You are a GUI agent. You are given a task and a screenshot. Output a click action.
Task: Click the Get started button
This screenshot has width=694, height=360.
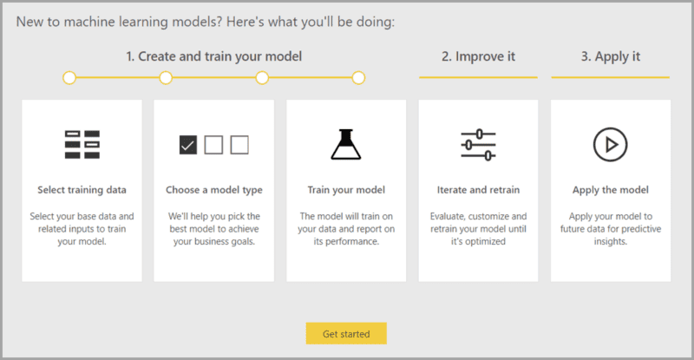pyautogui.click(x=345, y=333)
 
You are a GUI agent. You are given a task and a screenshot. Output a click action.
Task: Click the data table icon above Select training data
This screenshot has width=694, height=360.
pyautogui.click(x=82, y=144)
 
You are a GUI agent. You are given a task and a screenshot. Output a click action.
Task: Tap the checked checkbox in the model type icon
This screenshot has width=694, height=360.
pyautogui.click(x=188, y=144)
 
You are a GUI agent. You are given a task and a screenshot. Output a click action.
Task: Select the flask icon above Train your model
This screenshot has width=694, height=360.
pyautogui.click(x=345, y=144)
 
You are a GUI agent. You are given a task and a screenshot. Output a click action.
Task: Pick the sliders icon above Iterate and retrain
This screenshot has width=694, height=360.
pyautogui.click(x=478, y=144)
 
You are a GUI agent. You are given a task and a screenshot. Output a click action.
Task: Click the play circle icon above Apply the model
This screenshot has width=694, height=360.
pyautogui.click(x=610, y=144)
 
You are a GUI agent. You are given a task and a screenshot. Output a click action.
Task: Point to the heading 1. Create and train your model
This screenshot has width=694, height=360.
pyautogui.click(x=213, y=57)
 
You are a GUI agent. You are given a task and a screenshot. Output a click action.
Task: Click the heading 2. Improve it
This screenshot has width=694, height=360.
pyautogui.click(x=478, y=57)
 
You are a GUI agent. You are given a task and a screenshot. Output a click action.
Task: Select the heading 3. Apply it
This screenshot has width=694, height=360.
pyautogui.click(x=610, y=57)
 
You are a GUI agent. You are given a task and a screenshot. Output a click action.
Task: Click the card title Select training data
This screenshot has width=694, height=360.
pyautogui.click(x=82, y=189)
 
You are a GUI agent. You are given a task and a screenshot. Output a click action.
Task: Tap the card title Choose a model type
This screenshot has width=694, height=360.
pyautogui.click(x=213, y=189)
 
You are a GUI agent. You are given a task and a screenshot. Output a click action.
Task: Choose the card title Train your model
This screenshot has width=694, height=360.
pyautogui.click(x=345, y=189)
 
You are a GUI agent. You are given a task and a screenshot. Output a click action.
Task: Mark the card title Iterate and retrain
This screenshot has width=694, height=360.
pyautogui.click(x=478, y=189)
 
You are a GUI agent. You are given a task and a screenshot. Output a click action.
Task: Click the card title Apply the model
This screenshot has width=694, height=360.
pyautogui.click(x=610, y=189)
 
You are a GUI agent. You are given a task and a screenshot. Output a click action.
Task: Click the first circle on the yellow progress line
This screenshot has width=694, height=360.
pyautogui.click(x=69, y=78)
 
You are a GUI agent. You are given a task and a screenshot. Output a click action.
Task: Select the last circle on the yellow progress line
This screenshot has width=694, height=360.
pyautogui.click(x=358, y=78)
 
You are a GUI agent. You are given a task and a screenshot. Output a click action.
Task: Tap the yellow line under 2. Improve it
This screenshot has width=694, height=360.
pyautogui.click(x=478, y=77)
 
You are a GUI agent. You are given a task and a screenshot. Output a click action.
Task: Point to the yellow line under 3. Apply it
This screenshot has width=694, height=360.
pyautogui.click(x=610, y=77)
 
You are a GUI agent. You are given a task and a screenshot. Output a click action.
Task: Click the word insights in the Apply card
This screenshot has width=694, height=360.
pyautogui.click(x=610, y=242)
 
